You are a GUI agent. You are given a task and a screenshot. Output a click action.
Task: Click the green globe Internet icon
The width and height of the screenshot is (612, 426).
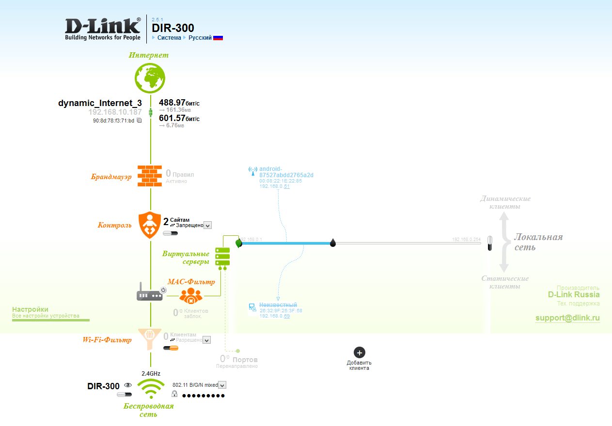[x=150, y=77]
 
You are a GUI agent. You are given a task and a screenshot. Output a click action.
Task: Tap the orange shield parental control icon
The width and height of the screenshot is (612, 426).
[x=150, y=225]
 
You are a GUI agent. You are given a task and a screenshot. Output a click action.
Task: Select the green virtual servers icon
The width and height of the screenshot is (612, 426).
[x=222, y=256]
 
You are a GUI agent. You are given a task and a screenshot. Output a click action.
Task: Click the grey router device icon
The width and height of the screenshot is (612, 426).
[x=150, y=295]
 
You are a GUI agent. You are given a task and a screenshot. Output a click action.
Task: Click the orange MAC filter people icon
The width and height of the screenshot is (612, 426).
[x=191, y=295]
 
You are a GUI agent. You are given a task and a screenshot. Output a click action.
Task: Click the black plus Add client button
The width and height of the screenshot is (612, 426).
[x=359, y=352]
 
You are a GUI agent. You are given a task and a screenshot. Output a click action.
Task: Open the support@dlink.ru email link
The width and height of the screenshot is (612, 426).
[x=567, y=318]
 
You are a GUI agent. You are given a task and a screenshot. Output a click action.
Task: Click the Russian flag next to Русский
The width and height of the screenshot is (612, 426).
[x=218, y=38]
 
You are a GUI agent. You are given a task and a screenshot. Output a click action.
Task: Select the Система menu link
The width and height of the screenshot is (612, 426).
[x=169, y=38]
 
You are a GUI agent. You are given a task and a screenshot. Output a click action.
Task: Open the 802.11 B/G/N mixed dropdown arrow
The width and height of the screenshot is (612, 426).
[x=222, y=385]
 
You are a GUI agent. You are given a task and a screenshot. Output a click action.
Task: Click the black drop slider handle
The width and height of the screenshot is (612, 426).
[x=333, y=242]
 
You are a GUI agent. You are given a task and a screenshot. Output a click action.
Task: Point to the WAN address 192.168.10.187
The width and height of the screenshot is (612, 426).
[x=115, y=112]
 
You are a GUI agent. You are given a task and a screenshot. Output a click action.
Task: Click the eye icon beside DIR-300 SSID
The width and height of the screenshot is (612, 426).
[x=128, y=385]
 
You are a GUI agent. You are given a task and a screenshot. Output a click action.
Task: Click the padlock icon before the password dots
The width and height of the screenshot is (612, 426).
[x=174, y=395]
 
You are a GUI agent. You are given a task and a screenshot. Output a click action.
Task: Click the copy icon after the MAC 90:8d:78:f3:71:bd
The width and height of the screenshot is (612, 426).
[x=139, y=120]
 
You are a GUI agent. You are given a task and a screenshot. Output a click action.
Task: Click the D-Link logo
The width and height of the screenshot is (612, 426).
[x=103, y=29]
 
